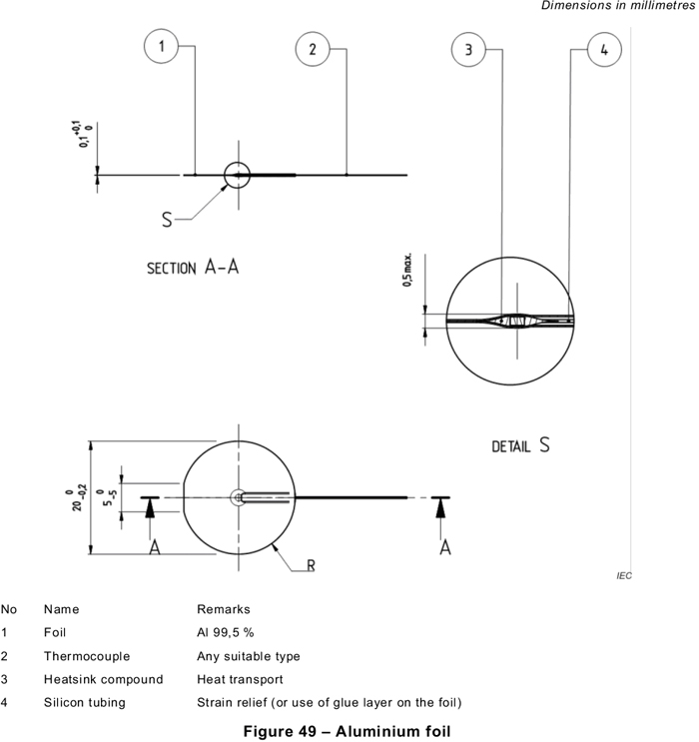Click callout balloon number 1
click(x=162, y=46)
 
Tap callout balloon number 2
click(x=314, y=48)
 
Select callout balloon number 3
click(x=468, y=49)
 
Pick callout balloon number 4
click(x=603, y=48)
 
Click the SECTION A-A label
click(x=193, y=268)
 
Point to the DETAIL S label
click(x=520, y=446)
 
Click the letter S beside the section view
click(x=167, y=220)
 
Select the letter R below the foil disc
click(x=312, y=565)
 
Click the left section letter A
click(x=155, y=546)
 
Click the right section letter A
click(x=445, y=546)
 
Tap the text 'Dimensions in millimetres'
click(x=617, y=7)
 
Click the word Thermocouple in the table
click(x=87, y=656)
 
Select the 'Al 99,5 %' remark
click(x=225, y=632)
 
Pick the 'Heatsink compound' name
click(x=103, y=679)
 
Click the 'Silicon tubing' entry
click(x=84, y=702)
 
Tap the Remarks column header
click(x=223, y=608)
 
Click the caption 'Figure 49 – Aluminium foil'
click(x=349, y=731)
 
